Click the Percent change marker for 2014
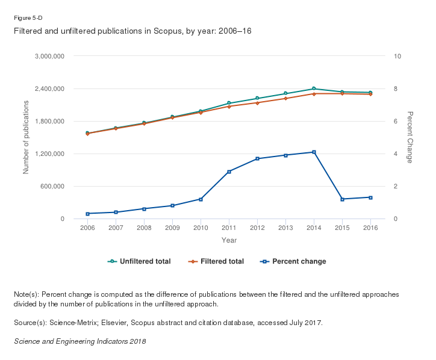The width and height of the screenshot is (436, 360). click(x=314, y=152)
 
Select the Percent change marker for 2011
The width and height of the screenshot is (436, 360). click(x=229, y=172)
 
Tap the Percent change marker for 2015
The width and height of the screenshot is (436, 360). click(x=342, y=199)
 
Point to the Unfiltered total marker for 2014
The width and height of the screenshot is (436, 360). click(x=314, y=88)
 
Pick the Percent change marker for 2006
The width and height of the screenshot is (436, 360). click(x=87, y=214)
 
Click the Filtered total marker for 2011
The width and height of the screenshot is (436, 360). click(x=229, y=107)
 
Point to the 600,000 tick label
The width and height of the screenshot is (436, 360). click(x=52, y=187)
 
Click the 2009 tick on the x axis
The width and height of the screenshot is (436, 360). click(x=172, y=228)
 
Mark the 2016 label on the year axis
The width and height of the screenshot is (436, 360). click(x=370, y=228)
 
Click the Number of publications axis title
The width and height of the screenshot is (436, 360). click(x=26, y=137)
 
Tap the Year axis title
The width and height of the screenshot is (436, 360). click(x=229, y=240)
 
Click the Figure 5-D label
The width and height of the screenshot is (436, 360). click(x=28, y=18)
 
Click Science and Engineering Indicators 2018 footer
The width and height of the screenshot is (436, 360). click(x=79, y=341)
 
